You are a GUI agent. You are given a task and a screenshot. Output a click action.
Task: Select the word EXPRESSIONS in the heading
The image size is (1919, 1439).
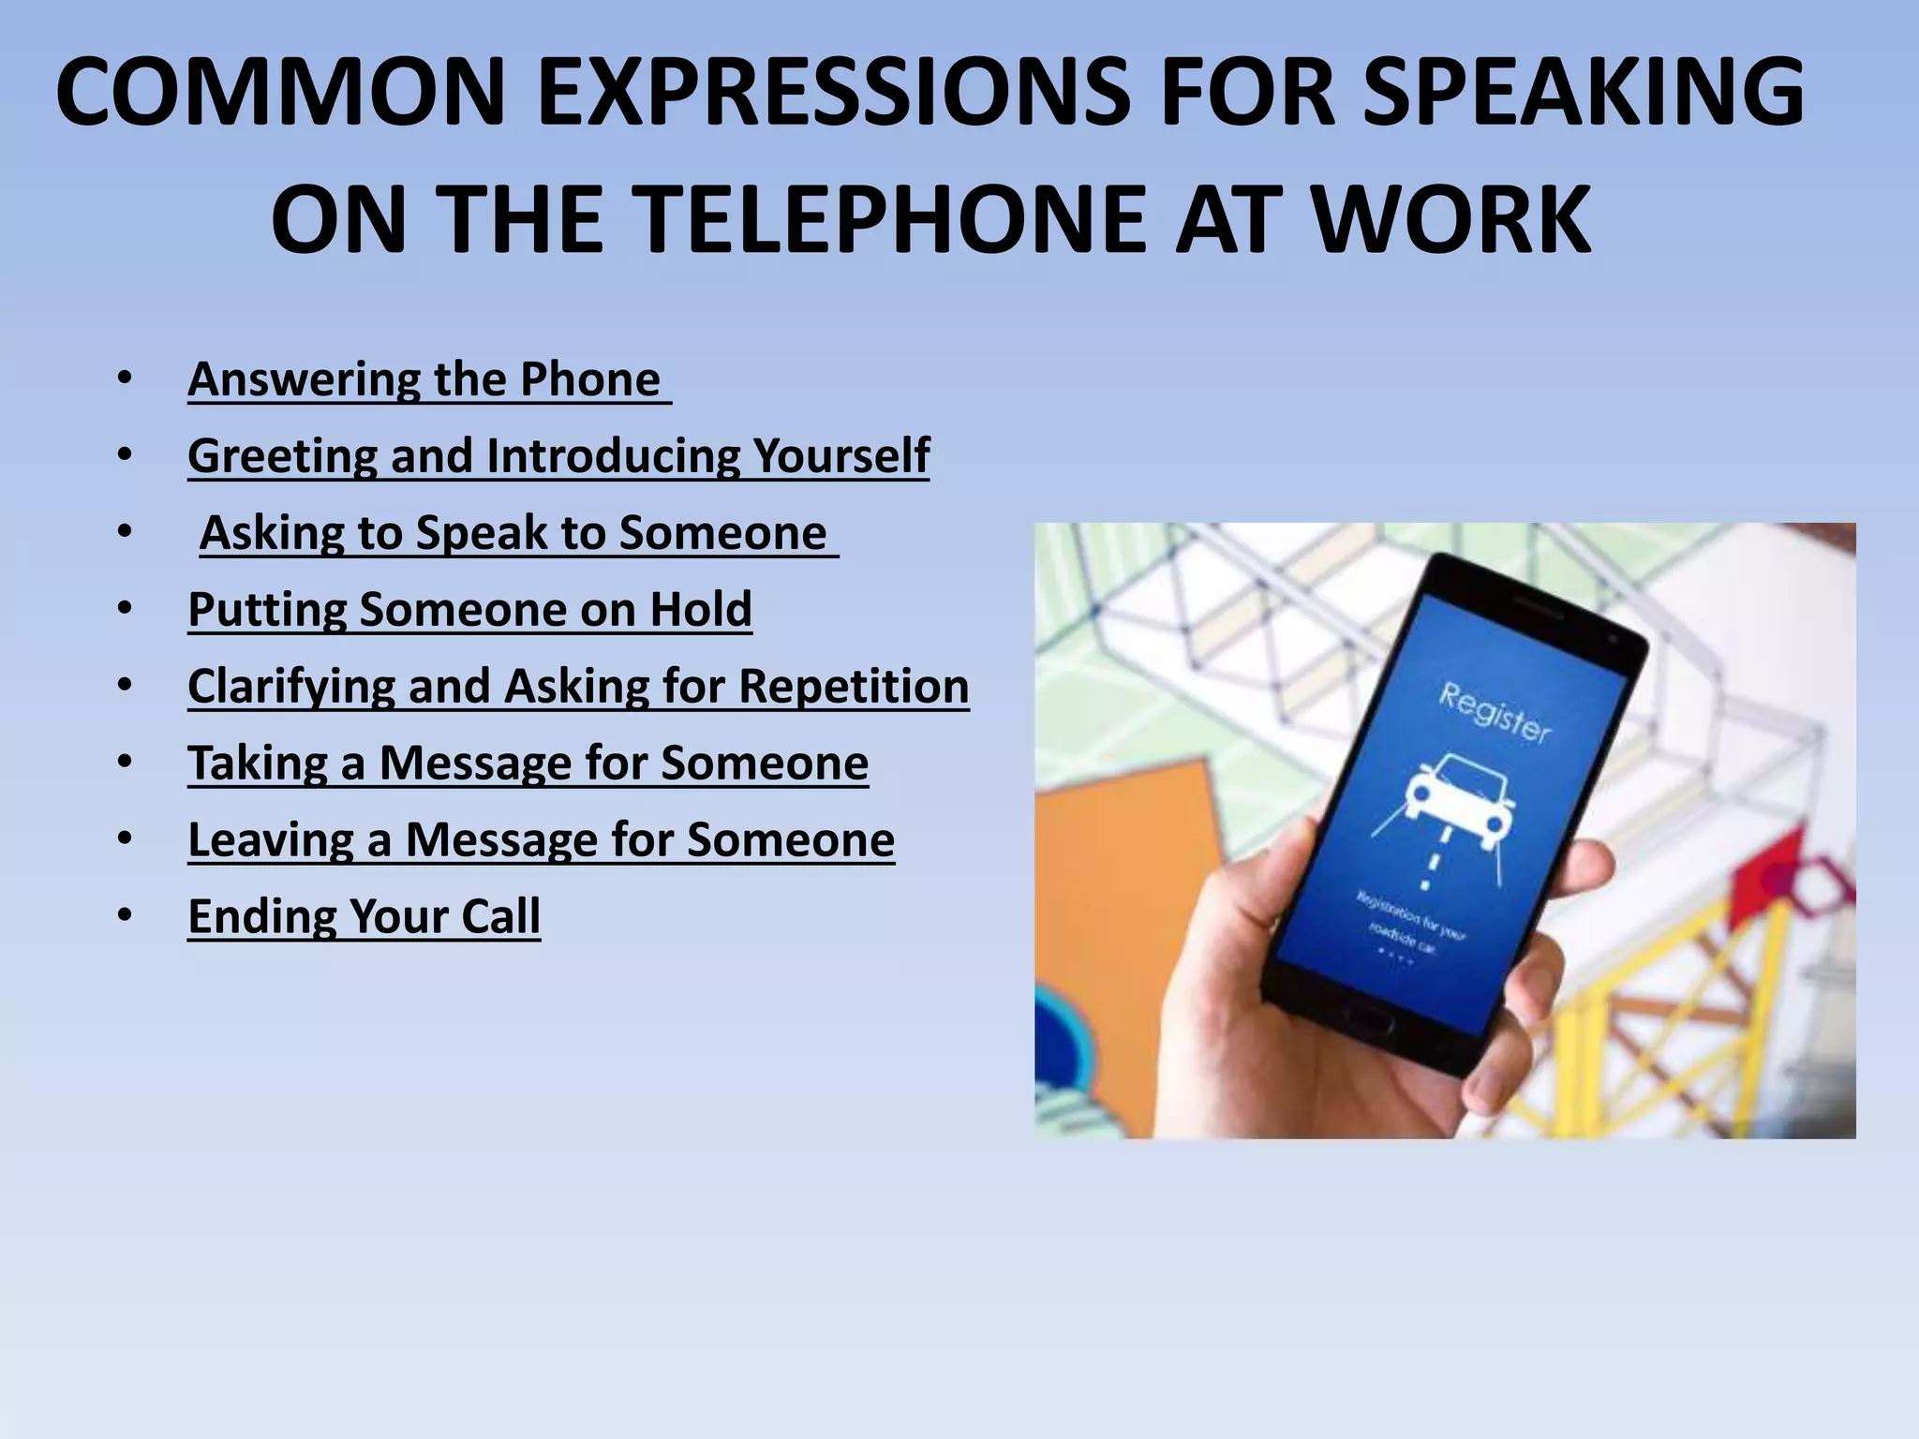(x=833, y=92)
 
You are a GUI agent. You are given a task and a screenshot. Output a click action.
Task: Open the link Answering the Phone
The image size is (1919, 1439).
(x=425, y=379)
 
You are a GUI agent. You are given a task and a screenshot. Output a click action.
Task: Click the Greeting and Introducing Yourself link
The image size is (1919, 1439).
(x=558, y=456)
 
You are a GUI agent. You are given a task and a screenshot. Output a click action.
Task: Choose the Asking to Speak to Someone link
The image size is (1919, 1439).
(x=514, y=533)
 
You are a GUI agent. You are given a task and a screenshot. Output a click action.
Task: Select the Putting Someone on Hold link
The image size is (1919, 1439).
(x=469, y=610)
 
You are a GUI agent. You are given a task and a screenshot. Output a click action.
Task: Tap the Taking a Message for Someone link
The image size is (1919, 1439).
(x=528, y=764)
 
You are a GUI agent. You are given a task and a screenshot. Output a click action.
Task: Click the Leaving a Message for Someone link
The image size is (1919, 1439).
(x=541, y=840)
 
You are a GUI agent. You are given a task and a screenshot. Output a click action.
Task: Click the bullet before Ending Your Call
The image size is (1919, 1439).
(x=126, y=915)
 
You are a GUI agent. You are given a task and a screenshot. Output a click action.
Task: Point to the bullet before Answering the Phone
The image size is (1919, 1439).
(x=126, y=378)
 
